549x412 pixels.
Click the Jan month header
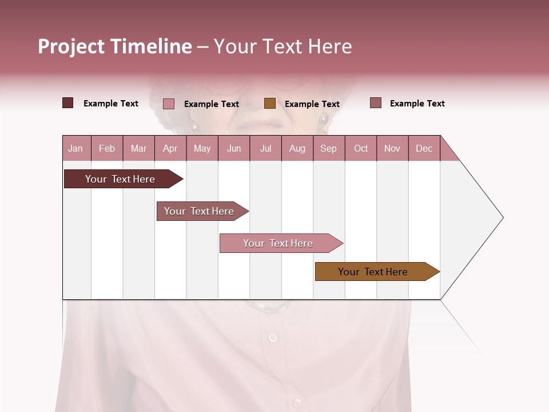point(75,149)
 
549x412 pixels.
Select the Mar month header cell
point(138,149)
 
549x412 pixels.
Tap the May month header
point(202,149)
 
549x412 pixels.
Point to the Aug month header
point(297,149)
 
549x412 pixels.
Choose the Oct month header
point(361,149)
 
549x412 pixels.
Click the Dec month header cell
point(424,149)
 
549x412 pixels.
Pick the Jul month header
point(265,149)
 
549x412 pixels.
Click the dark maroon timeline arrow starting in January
point(120,179)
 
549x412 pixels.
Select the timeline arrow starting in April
point(199,211)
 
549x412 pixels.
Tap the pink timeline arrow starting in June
point(278,243)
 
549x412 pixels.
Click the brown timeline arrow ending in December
point(373,272)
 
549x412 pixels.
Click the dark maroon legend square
point(68,103)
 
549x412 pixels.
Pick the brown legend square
point(270,104)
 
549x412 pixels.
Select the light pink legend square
point(169,104)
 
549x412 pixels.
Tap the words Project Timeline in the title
point(115,46)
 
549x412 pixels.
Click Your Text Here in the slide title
point(283,46)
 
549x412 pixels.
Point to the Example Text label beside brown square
point(312,104)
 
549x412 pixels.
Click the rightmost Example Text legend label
point(417,104)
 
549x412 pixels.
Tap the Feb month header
point(107,149)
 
